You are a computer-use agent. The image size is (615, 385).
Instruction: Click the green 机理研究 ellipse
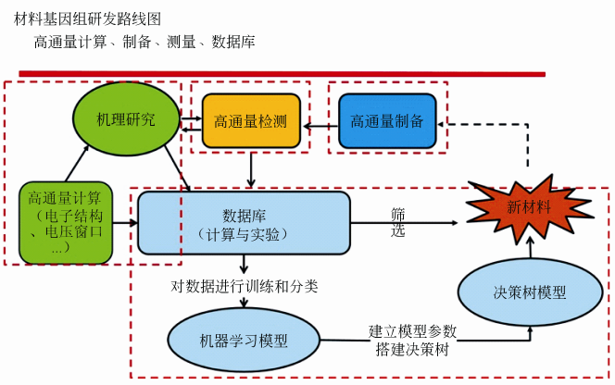coord(126,120)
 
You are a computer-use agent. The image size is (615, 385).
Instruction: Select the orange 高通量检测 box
coord(251,121)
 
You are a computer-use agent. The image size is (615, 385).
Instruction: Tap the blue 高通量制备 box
coord(387,121)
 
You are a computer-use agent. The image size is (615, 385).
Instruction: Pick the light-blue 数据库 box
coord(244,222)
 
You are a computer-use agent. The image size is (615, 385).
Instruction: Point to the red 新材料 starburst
coord(529,208)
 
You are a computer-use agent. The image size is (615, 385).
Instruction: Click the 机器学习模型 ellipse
coord(243,340)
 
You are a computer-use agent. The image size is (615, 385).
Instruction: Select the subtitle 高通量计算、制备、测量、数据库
coord(144,42)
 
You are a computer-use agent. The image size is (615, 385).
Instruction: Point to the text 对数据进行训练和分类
coord(245,286)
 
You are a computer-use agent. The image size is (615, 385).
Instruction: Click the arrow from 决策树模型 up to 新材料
coord(530,247)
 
